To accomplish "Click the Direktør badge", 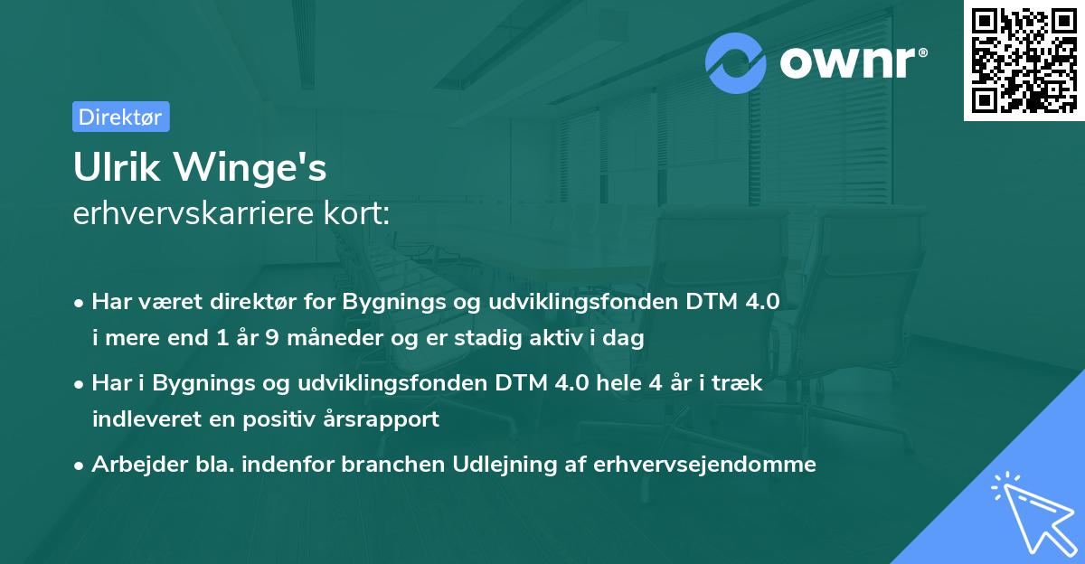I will click(x=120, y=117).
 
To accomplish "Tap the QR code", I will click(x=1024, y=61).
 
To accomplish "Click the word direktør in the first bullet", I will click(x=237, y=302).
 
